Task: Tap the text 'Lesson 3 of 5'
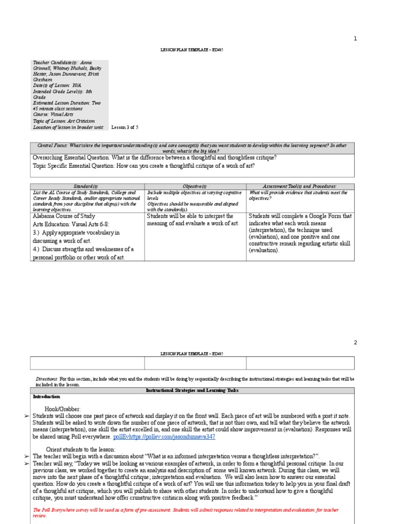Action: pos(125,127)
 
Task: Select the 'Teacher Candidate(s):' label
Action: pos(55,62)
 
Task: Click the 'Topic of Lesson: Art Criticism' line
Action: pos(63,121)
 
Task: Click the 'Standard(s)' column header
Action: pos(86,186)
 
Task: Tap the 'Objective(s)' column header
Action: pos(194,186)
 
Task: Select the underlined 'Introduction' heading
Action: pos(47,397)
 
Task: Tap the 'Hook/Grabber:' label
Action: pos(63,409)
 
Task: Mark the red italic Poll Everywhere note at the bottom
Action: pos(184,512)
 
